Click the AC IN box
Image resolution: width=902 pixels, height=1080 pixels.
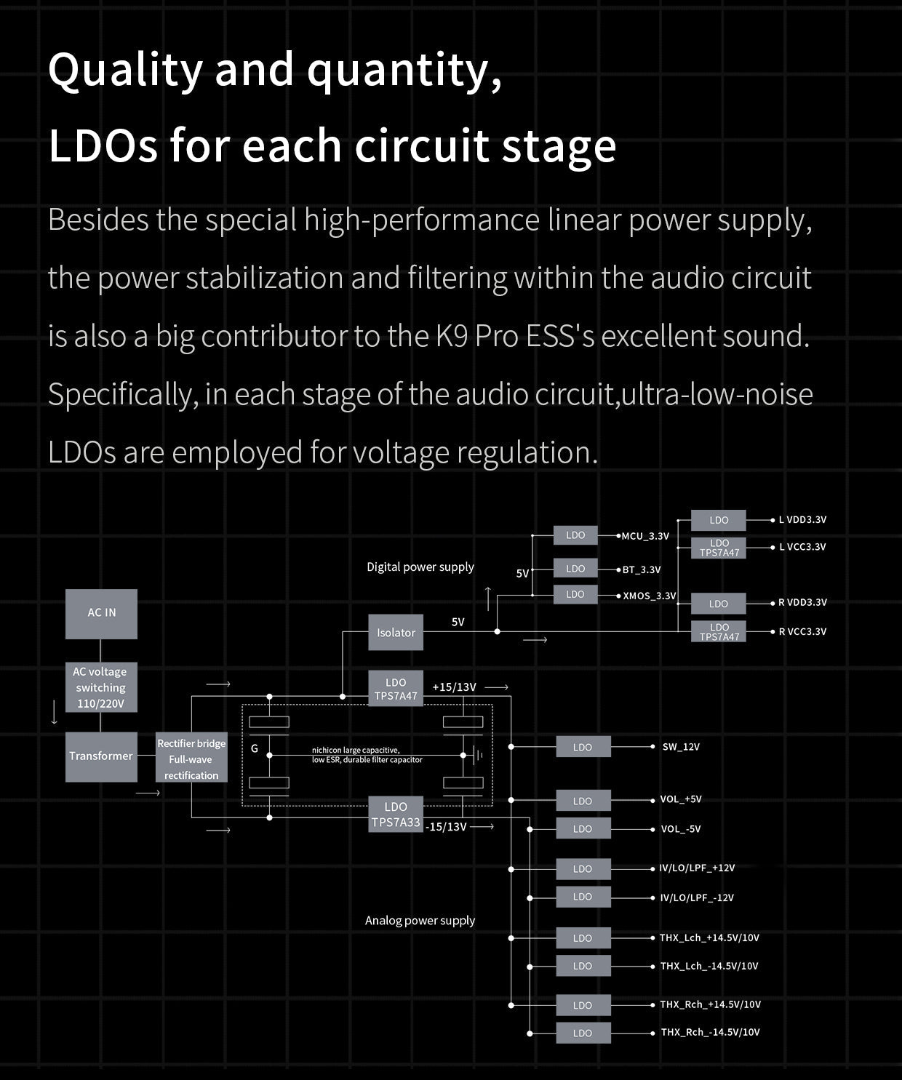click(x=101, y=613)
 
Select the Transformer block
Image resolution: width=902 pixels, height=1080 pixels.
click(x=101, y=756)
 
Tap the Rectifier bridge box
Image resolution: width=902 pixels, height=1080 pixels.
click(x=191, y=759)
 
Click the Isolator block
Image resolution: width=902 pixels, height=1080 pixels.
click(x=396, y=633)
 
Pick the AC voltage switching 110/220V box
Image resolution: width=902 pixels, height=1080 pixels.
click(x=101, y=687)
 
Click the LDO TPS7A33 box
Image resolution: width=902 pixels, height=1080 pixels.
click(x=396, y=815)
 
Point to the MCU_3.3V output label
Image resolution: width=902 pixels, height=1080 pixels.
click(x=645, y=536)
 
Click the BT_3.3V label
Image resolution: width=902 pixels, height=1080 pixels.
click(x=642, y=569)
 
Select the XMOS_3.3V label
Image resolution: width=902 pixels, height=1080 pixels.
click(x=650, y=596)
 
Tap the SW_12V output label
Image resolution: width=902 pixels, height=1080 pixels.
click(x=681, y=747)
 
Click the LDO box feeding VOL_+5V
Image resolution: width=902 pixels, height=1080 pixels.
click(x=583, y=801)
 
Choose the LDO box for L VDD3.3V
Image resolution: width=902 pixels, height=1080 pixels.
click(x=719, y=520)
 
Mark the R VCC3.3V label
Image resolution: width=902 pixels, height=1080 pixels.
click(x=802, y=631)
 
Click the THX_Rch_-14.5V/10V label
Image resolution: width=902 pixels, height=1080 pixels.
click(x=710, y=1032)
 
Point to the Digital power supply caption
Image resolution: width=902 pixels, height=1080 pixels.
click(x=420, y=567)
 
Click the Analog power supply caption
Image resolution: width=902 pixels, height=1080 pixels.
click(x=420, y=920)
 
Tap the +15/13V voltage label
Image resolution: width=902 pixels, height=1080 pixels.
click(x=454, y=687)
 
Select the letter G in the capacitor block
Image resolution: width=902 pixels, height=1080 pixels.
click(x=255, y=748)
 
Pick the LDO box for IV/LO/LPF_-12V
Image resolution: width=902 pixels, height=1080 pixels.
click(x=583, y=897)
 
